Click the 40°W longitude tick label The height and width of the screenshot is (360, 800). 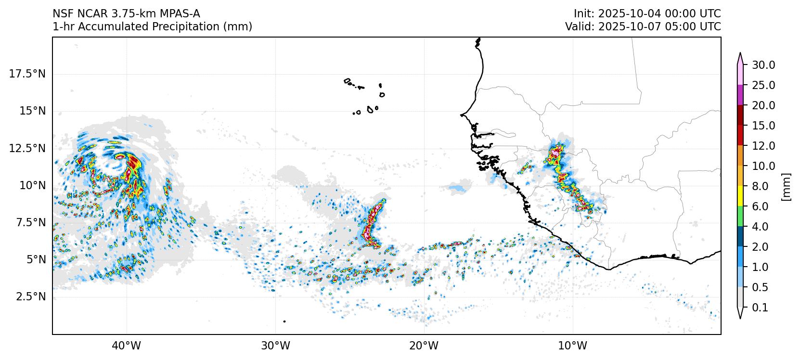coord(127,346)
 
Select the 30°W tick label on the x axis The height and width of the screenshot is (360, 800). coord(276,346)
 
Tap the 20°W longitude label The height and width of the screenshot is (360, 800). coord(425,346)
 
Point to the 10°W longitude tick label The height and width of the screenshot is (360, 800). coord(573,346)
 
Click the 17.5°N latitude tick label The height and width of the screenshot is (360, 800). coord(27,74)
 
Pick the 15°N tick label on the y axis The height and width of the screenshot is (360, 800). coord(32,111)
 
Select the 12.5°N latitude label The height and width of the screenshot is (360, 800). coord(27,148)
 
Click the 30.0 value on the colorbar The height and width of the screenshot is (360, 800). coord(763,65)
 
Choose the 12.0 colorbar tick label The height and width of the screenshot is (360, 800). coord(763,146)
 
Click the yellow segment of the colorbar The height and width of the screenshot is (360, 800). coord(740,196)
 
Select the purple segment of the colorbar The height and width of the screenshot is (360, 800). coord(740,95)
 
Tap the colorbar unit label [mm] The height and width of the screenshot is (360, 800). coord(787,186)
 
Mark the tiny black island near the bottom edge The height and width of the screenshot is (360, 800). coord(284,321)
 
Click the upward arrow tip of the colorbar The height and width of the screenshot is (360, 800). coord(740,54)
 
